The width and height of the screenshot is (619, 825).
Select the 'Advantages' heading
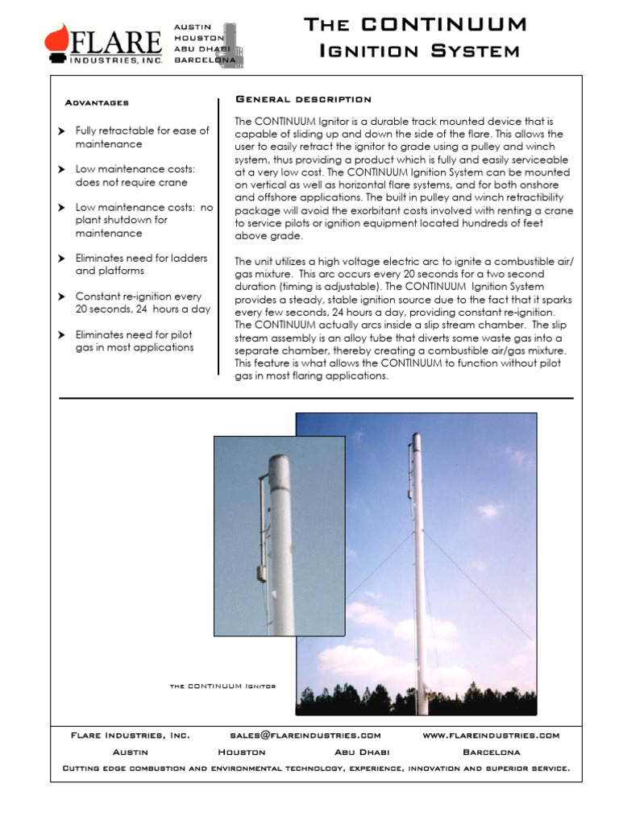[96, 103]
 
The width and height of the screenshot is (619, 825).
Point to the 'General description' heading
[303, 99]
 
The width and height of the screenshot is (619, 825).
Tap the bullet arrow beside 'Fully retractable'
[62, 131]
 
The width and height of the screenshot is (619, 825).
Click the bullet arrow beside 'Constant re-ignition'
[62, 297]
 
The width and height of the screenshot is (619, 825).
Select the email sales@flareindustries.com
[305, 736]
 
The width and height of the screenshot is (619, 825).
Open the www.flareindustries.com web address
[490, 736]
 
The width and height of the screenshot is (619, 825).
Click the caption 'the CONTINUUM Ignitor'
[223, 686]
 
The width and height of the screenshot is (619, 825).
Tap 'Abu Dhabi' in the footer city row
[362, 752]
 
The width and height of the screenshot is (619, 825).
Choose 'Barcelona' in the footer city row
[491, 752]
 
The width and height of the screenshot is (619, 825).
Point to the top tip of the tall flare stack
[416, 436]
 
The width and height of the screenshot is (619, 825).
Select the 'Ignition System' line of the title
[419, 52]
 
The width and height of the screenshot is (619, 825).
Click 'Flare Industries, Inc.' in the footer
[131, 736]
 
